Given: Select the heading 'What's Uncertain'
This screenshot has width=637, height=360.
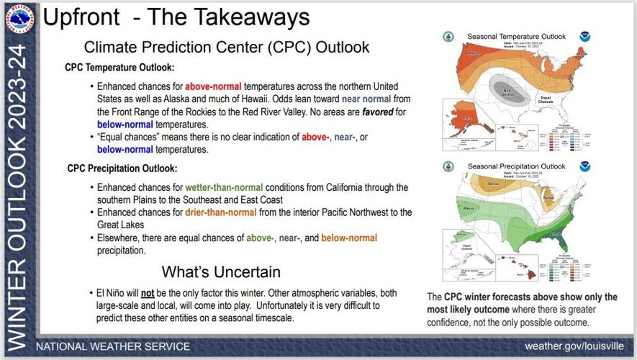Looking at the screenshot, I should [220, 271].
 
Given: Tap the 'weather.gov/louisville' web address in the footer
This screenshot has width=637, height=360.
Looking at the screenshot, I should [574, 346].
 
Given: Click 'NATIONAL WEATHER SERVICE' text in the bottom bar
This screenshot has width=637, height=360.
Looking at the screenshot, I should [113, 346].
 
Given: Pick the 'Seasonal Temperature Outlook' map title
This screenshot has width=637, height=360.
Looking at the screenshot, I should [516, 36].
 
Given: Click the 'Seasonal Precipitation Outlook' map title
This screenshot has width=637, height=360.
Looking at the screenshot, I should [516, 166].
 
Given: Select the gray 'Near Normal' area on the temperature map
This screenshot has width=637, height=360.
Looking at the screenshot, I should [508, 91].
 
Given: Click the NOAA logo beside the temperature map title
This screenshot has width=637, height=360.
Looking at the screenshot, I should [582, 36].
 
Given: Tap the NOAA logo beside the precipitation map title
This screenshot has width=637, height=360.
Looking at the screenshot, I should [582, 166].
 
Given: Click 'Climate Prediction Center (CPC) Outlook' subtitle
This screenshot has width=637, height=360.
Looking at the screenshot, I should [227, 48].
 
